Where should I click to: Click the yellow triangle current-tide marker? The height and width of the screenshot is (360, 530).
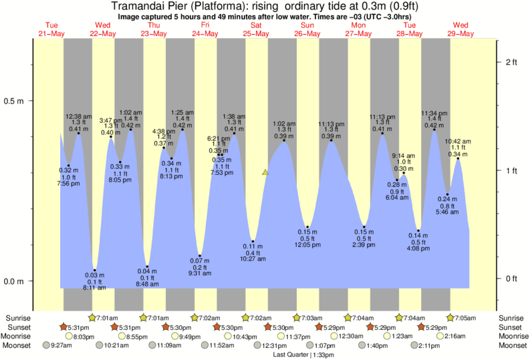[x=265, y=172]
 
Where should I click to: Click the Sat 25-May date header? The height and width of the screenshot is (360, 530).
[x=256, y=29]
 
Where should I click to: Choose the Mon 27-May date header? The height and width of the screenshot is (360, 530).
[x=358, y=29]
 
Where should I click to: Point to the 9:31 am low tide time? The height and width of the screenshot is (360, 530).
[x=199, y=273]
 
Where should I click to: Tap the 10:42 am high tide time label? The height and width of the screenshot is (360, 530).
[x=458, y=142]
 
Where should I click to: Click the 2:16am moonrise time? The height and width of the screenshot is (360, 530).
[x=455, y=337]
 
